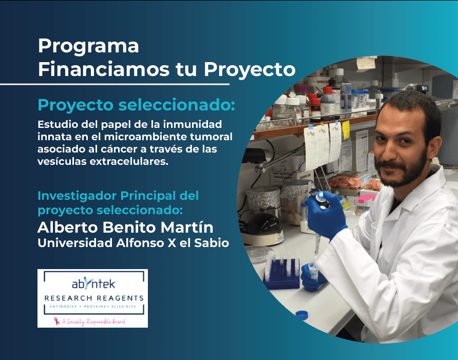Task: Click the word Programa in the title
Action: [88, 47]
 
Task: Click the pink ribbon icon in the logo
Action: [58, 321]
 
